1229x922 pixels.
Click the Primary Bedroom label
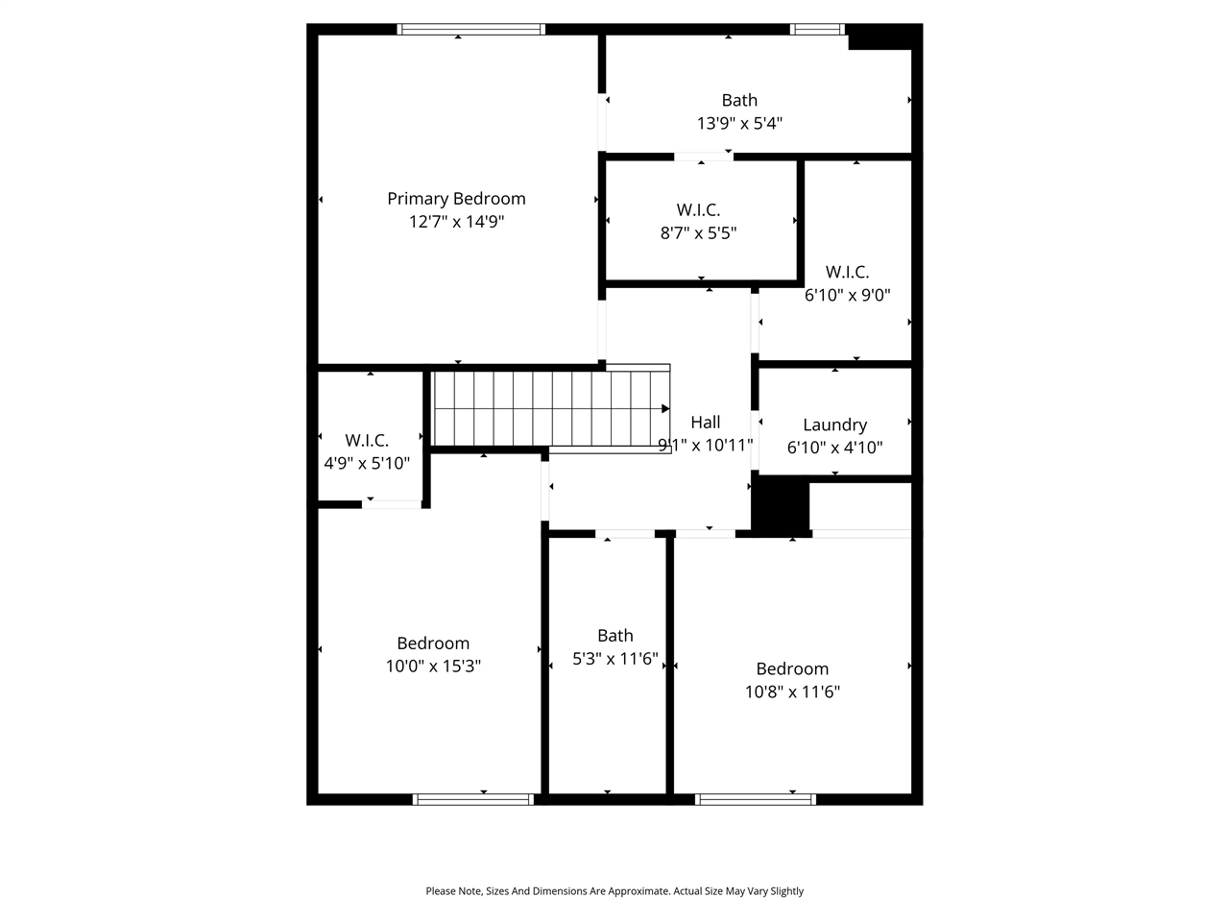pos(456,199)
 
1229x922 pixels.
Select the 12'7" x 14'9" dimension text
pos(456,222)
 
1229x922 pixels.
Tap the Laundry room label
pos(834,425)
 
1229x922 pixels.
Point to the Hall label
pos(705,422)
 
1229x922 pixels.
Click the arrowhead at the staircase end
pos(665,408)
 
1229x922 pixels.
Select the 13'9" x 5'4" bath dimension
pos(739,123)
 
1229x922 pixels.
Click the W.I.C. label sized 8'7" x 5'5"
pos(698,209)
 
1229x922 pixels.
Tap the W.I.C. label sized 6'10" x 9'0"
pos(847,272)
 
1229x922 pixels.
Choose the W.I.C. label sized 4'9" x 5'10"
pos(367,440)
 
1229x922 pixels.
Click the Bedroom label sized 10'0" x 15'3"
pos(433,643)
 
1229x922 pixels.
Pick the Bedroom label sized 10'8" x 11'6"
pos(792,668)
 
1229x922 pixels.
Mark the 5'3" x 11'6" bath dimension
pos(615,659)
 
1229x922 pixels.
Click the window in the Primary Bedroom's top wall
pos(471,29)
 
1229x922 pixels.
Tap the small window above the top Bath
pos(818,29)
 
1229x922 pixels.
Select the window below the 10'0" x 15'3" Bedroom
pos(473,799)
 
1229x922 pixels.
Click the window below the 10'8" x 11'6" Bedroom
pos(756,799)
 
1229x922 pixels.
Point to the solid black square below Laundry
pos(781,505)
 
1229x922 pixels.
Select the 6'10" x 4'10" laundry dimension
pos(834,448)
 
